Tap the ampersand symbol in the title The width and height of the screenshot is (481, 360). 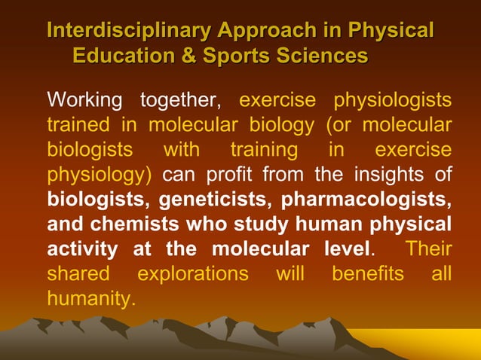pyautogui.click(x=191, y=56)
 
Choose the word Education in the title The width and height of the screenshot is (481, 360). pyautogui.click(x=127, y=56)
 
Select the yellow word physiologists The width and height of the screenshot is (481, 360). pyautogui.click(x=393, y=100)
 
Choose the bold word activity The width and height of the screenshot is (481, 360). pyautogui.click(x=82, y=249)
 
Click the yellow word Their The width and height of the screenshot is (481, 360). pyautogui.click(x=428, y=249)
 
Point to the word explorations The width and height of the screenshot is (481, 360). pyautogui.click(x=192, y=274)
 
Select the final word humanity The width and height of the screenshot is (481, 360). pyautogui.click(x=91, y=299)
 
